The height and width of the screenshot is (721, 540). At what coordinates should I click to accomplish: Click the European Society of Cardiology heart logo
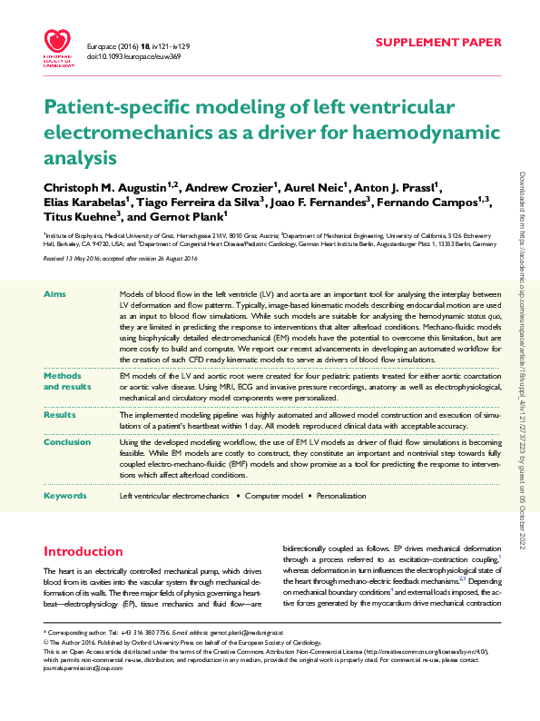(x=59, y=46)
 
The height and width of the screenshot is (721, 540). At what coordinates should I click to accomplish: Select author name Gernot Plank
(x=193, y=219)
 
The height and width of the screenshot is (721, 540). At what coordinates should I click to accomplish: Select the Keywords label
(x=65, y=496)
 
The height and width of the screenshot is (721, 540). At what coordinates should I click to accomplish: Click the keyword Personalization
(x=341, y=496)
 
